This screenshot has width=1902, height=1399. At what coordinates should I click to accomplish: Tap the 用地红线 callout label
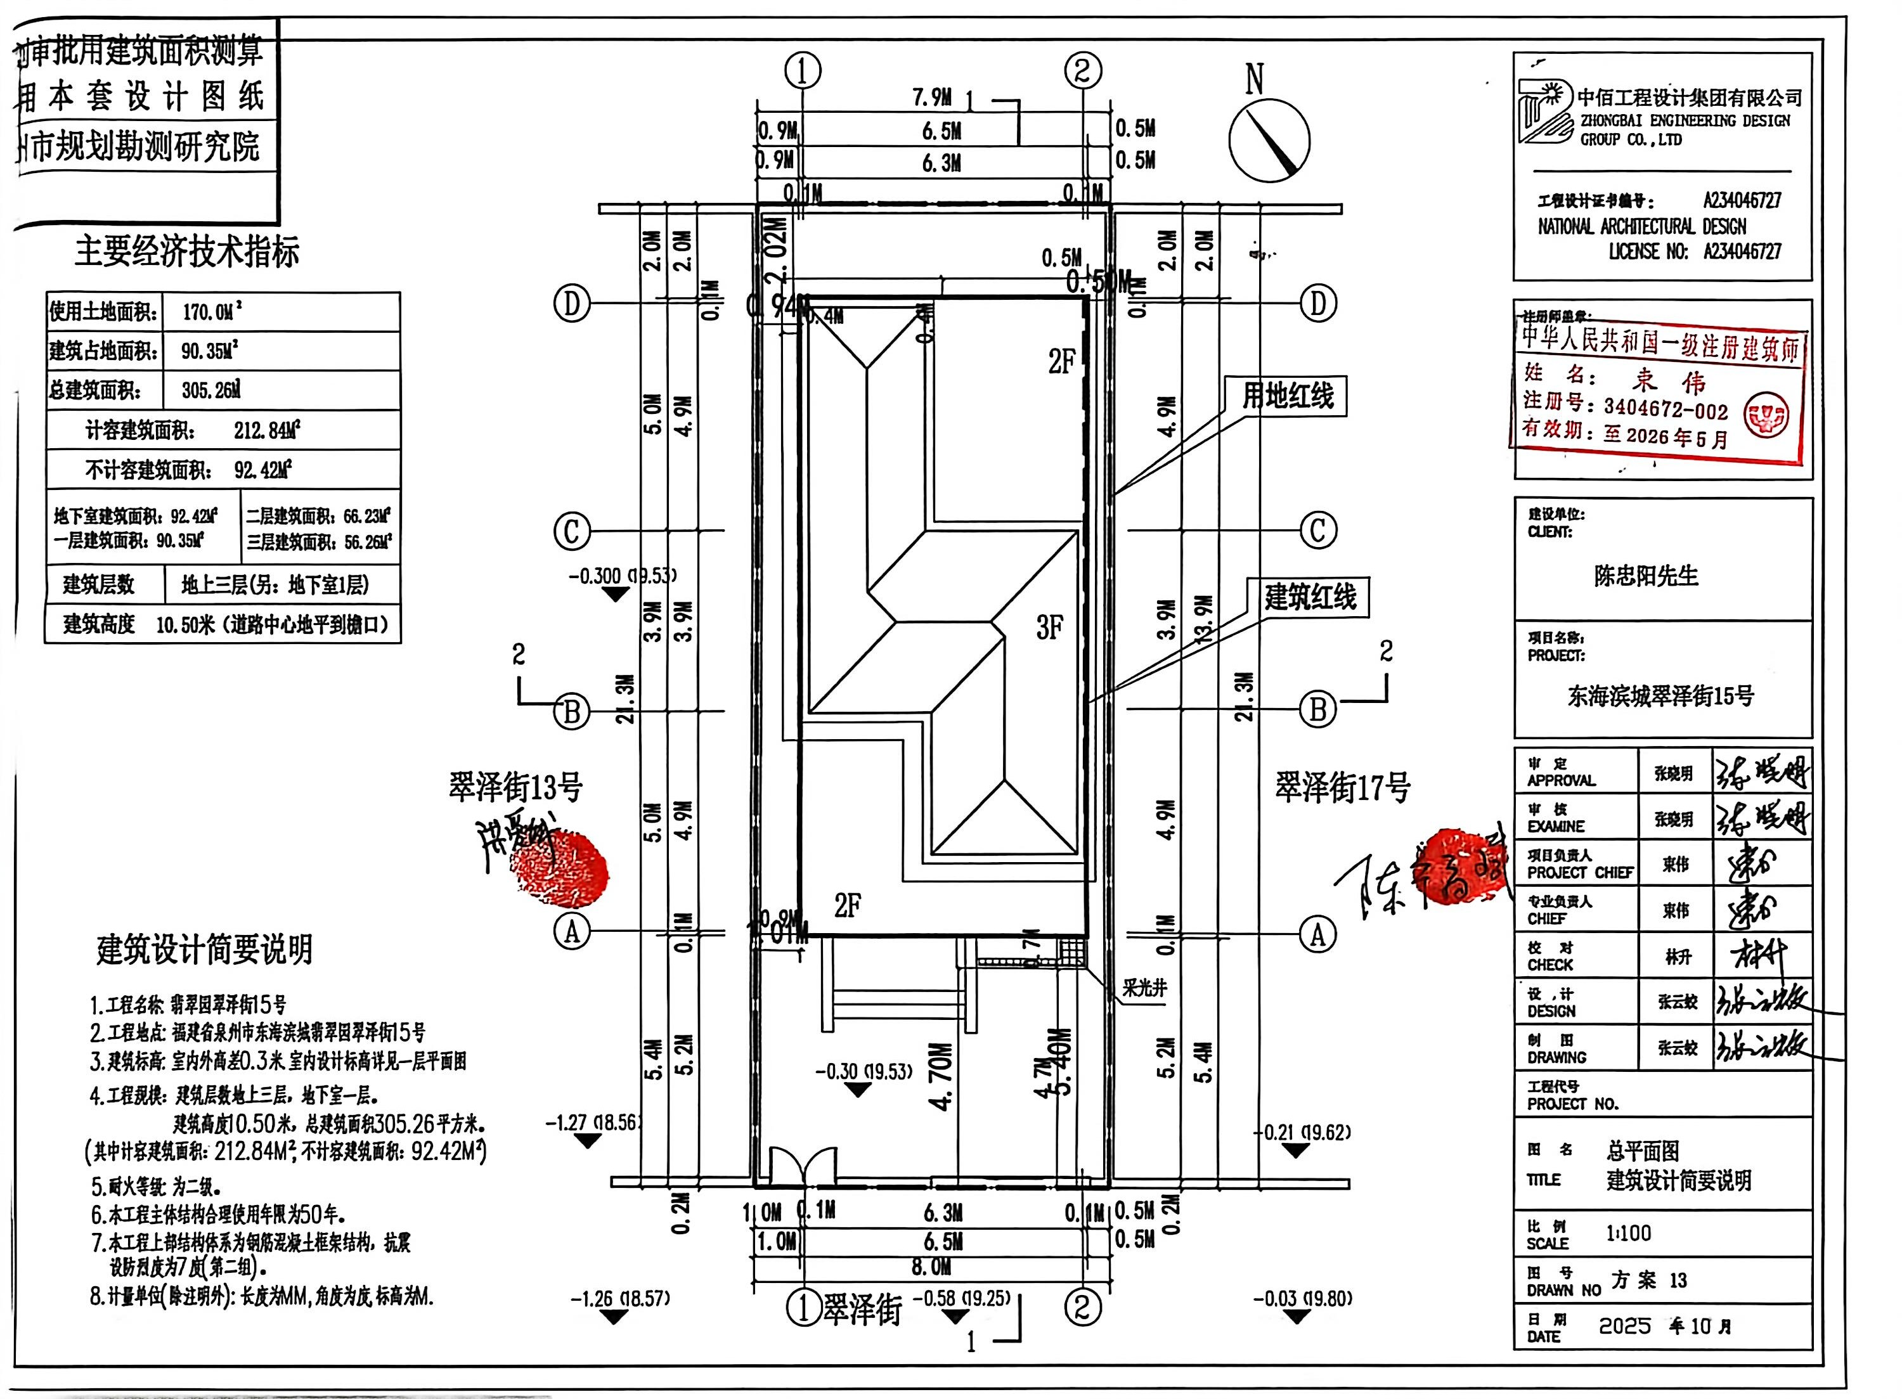tap(1287, 396)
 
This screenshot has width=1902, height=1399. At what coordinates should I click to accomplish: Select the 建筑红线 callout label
tap(1310, 597)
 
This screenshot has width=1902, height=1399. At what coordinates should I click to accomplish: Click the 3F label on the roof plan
tap(1049, 628)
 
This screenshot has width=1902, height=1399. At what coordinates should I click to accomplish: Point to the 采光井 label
tap(1144, 988)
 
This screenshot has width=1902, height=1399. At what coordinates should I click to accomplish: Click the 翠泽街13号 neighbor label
tap(515, 787)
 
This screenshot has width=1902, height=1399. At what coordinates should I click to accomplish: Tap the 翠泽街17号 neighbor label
tap(1342, 787)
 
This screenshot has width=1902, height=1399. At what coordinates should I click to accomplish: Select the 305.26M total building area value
tap(211, 390)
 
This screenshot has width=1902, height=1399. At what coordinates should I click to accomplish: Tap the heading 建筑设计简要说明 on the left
tap(204, 950)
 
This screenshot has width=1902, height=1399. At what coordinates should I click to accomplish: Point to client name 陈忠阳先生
tap(1645, 576)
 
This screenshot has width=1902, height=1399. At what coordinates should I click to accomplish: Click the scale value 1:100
tap(1629, 1233)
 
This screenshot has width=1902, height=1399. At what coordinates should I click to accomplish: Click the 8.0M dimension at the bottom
tap(931, 1268)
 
